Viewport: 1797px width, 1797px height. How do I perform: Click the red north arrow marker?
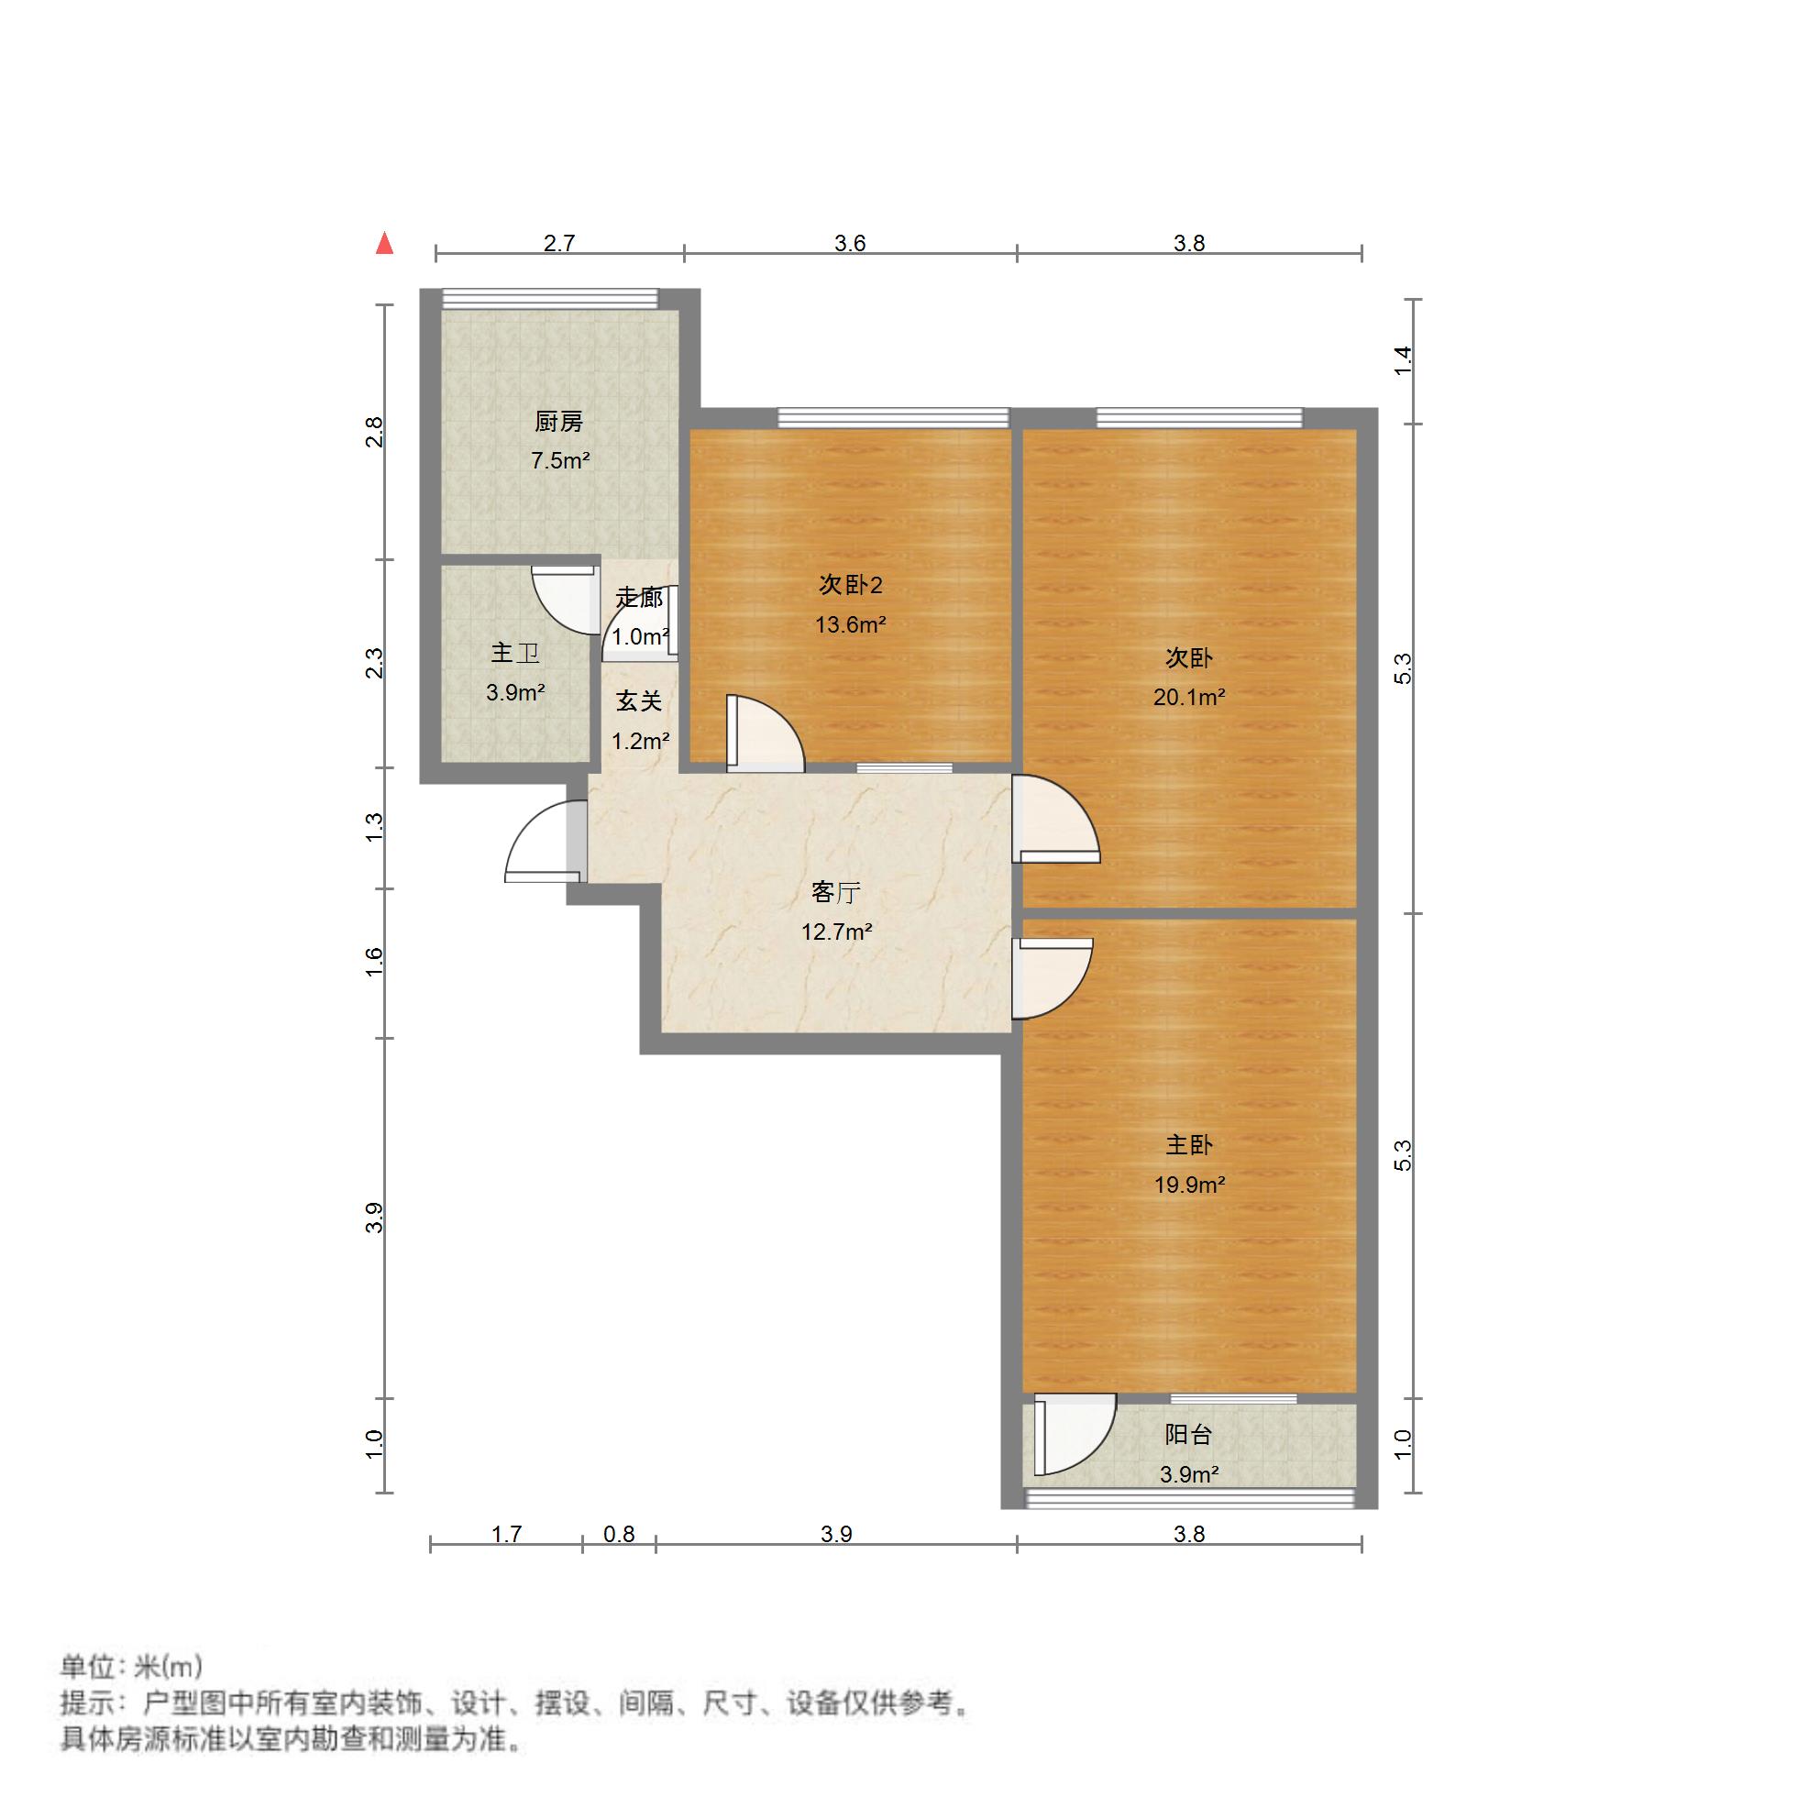tap(384, 244)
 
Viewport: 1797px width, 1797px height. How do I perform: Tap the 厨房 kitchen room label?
tap(559, 423)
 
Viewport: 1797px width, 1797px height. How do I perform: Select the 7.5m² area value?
tap(560, 460)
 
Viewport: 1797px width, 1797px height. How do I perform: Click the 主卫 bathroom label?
tap(514, 654)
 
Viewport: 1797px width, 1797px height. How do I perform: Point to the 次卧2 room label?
tap(850, 585)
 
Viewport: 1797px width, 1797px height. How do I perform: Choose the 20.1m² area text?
tap(1189, 698)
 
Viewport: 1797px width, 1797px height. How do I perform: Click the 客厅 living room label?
tap(835, 893)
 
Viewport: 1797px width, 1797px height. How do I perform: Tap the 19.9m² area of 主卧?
tap(1189, 1185)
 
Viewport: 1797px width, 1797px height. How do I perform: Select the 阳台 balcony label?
tap(1188, 1435)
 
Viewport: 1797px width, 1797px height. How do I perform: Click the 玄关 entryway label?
tap(639, 702)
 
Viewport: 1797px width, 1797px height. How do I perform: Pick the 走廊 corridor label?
tap(639, 598)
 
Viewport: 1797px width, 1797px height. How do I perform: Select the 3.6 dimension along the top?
tap(849, 244)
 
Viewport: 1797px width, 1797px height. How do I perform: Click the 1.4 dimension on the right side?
tap(1403, 360)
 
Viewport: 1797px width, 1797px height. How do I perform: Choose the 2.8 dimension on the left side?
tap(374, 432)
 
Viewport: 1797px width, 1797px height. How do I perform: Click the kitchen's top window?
tap(550, 299)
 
